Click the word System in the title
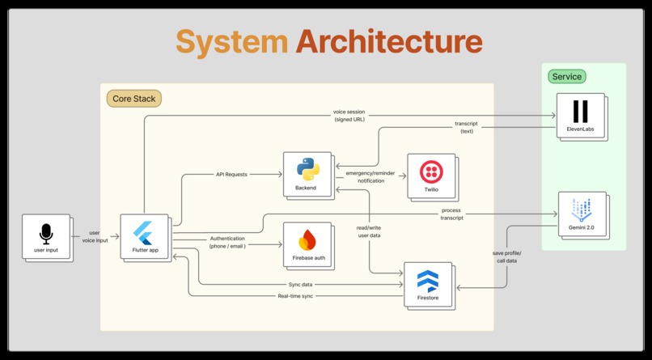pos(231,43)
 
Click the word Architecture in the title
pos(389,41)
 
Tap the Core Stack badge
pos(134,99)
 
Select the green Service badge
pos(567,77)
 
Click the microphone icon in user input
pos(46,234)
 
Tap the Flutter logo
pos(143,233)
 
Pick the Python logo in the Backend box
pos(308,169)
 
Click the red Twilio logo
pos(431,172)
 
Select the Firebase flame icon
pos(307,239)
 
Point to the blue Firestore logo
pos(428,281)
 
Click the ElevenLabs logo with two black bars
pos(581,112)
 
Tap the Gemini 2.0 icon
pos(582,210)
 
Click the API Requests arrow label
pos(231,174)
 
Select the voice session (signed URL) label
pos(349,116)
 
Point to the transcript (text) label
pos(467,127)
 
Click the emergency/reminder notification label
pos(370,176)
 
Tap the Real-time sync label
pos(295,296)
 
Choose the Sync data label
pos(300,284)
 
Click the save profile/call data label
pos(506,257)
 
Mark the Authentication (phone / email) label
pos(227,242)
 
